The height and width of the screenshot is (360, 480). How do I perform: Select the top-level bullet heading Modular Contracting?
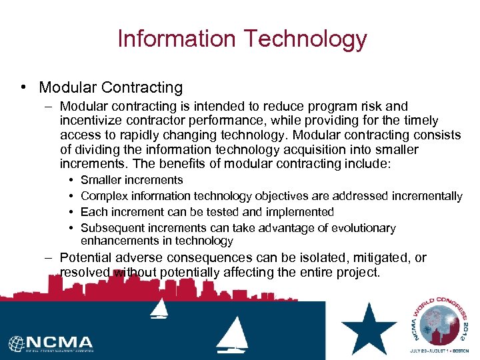pos(111,87)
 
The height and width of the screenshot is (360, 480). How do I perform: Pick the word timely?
pos(419,121)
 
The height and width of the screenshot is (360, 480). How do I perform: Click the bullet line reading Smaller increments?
pos(131,180)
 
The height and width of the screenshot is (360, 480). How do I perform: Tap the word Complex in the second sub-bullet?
pos(101,196)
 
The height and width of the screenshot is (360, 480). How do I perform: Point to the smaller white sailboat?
pos(159,308)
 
